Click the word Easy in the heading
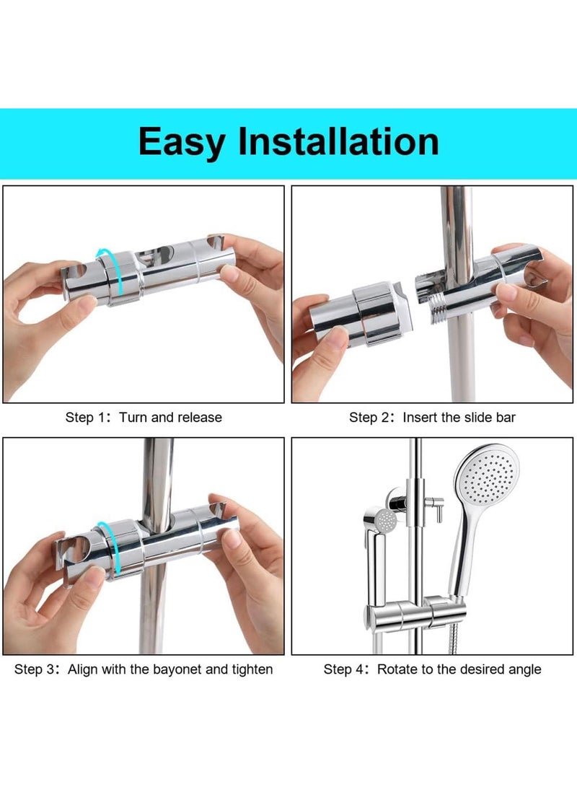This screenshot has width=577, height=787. (x=181, y=141)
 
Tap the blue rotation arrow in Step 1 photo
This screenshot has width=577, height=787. (x=116, y=268)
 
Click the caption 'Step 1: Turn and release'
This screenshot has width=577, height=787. (x=144, y=417)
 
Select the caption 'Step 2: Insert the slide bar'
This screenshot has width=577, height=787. (x=432, y=417)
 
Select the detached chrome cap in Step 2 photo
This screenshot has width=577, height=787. (x=361, y=313)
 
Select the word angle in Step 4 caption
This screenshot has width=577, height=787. (x=524, y=669)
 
